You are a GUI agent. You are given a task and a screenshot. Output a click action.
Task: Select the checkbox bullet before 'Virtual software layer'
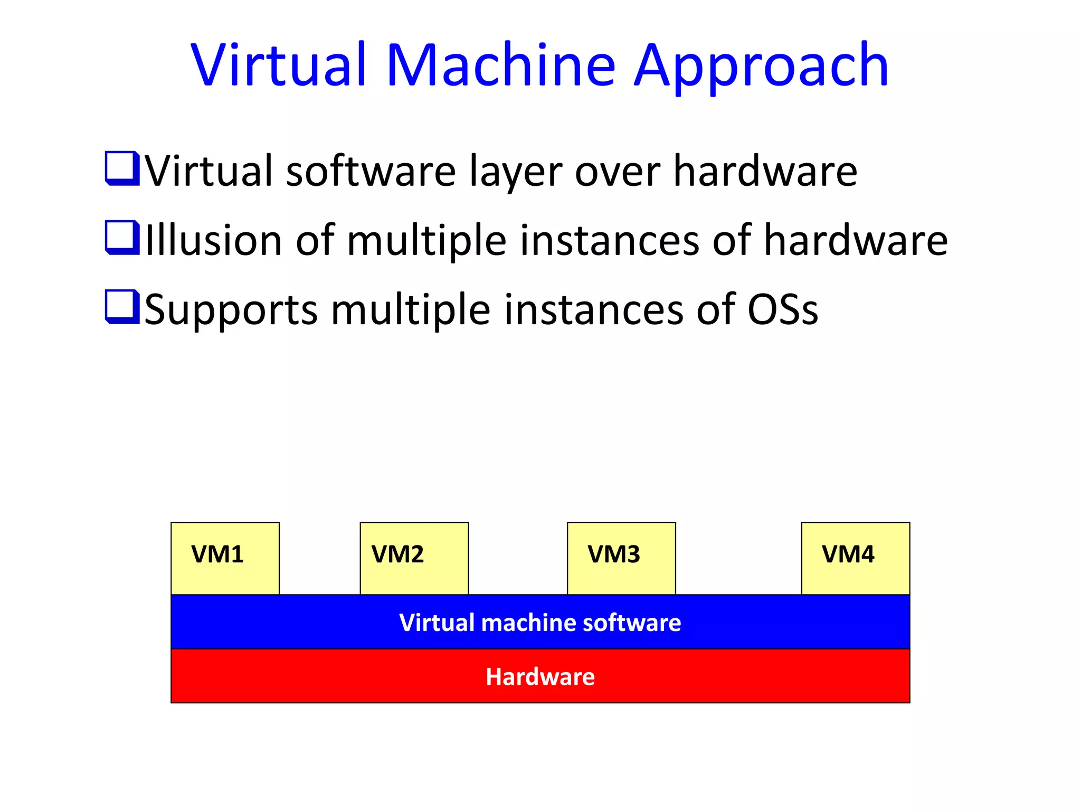pyautogui.click(x=122, y=168)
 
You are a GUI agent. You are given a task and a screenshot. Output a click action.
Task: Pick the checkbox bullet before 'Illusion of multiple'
pyautogui.click(x=122, y=237)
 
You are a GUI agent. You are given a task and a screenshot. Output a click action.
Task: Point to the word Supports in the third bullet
pyautogui.click(x=231, y=310)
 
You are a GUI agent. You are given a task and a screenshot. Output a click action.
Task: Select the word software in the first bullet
pyautogui.click(x=371, y=171)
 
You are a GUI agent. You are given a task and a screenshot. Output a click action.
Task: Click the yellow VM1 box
pyautogui.click(x=225, y=558)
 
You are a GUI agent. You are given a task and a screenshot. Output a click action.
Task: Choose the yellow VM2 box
pyautogui.click(x=414, y=558)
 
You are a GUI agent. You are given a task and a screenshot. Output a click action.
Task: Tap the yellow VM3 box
pyautogui.click(x=621, y=558)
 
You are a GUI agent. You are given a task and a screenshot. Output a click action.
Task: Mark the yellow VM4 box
pyautogui.click(x=855, y=558)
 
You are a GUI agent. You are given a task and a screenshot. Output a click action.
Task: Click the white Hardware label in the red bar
pyautogui.click(x=540, y=677)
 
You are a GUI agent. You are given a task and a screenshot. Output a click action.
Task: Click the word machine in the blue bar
pyautogui.click(x=529, y=623)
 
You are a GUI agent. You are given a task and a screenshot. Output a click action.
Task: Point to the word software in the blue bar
pyautogui.click(x=631, y=623)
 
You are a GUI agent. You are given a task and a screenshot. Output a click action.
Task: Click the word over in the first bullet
pyautogui.click(x=617, y=172)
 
